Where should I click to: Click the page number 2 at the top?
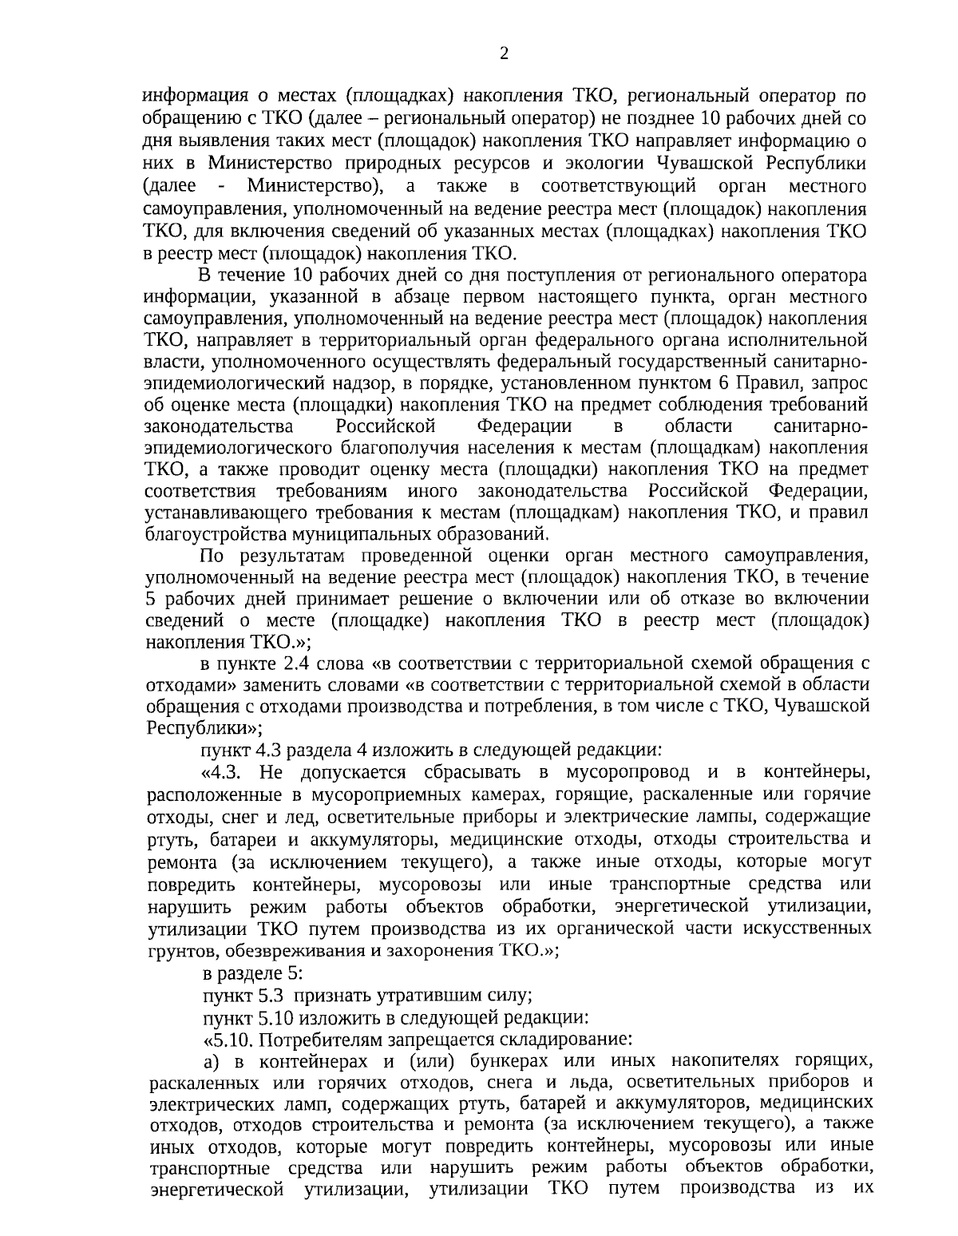coord(503,53)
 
